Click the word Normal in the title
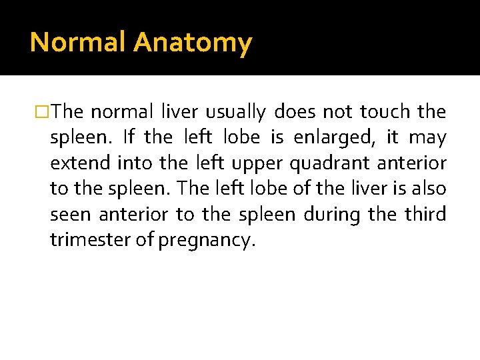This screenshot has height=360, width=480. [x=78, y=43]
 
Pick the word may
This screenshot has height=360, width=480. [x=427, y=137]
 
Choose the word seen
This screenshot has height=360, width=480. [x=71, y=215]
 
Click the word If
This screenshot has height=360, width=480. [x=129, y=137]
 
